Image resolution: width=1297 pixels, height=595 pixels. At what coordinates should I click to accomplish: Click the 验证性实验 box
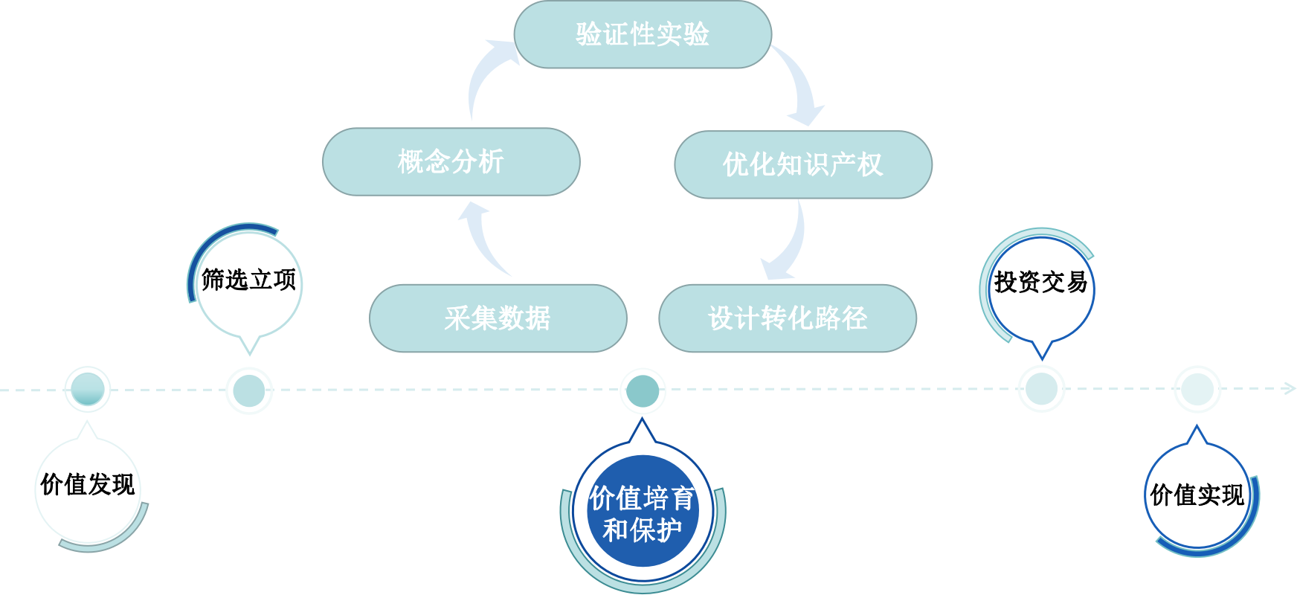tap(643, 34)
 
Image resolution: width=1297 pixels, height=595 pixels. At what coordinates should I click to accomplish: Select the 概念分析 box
tap(451, 161)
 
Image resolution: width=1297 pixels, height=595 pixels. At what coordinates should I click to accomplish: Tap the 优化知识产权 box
tap(802, 164)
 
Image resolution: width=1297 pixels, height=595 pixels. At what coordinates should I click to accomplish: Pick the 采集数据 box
tap(498, 318)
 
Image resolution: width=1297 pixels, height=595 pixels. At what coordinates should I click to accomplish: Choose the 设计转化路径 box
tap(787, 318)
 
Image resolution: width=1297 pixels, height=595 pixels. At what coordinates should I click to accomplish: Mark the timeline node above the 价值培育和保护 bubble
tap(643, 390)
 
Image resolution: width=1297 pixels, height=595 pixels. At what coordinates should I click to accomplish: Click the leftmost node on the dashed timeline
tap(88, 389)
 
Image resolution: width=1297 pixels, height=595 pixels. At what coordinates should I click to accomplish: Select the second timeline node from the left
tap(249, 390)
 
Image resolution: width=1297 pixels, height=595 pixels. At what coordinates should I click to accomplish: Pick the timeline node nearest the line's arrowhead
tap(1197, 389)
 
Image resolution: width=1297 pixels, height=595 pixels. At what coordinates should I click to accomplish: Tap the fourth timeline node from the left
tap(1041, 389)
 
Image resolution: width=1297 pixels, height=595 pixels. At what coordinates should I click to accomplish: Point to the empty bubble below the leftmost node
tap(88, 489)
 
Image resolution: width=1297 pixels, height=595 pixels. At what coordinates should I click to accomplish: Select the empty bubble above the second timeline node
tap(250, 284)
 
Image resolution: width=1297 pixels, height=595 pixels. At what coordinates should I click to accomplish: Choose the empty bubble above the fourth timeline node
tap(1042, 289)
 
